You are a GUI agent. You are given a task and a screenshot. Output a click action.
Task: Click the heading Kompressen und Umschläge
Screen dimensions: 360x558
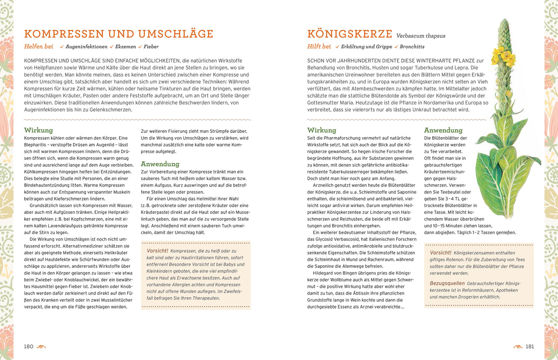(x=118, y=34)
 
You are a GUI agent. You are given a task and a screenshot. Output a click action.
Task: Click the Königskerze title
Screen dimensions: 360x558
(x=350, y=34)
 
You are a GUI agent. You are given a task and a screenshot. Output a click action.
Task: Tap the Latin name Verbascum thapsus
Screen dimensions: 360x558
(x=420, y=36)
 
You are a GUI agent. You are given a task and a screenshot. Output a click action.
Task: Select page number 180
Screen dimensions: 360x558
(x=29, y=346)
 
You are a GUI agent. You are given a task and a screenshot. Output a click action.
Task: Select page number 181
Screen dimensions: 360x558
(x=529, y=346)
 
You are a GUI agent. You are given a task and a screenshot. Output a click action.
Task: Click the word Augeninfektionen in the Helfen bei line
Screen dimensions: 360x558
(x=86, y=47)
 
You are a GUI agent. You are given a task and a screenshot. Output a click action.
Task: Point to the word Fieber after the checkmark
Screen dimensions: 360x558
(x=151, y=47)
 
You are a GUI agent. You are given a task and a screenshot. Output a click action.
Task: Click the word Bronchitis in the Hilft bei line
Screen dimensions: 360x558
(x=412, y=47)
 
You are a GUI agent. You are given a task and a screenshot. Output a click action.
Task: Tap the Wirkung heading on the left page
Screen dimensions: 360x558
(x=38, y=130)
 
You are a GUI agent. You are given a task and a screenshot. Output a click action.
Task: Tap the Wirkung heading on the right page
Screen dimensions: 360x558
(x=321, y=130)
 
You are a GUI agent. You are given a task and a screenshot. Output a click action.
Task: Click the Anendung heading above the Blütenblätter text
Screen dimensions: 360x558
(x=443, y=130)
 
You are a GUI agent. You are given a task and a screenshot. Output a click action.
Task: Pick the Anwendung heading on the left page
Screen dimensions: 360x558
(x=160, y=164)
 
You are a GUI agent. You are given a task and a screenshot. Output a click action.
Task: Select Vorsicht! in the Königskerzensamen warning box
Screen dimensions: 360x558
(x=440, y=253)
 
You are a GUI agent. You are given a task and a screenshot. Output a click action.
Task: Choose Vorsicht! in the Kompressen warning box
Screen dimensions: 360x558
(x=157, y=251)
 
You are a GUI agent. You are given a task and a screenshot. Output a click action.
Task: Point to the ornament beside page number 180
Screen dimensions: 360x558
(x=41, y=347)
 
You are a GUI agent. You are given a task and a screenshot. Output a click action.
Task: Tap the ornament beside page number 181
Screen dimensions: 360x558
(x=518, y=347)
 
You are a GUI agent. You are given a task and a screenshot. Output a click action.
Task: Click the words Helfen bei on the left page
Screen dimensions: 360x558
(x=38, y=47)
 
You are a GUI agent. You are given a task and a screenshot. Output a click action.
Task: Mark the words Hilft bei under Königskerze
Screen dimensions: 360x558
(x=319, y=47)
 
